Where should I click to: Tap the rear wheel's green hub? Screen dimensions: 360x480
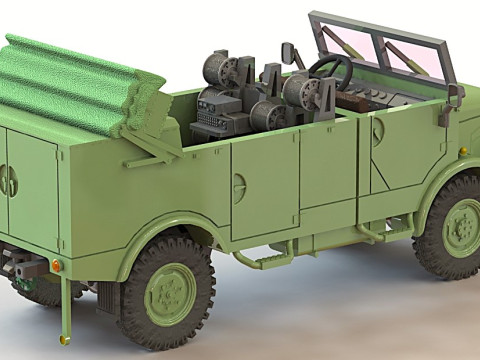[x=170, y=293]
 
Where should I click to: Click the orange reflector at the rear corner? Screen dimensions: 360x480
[x=57, y=265]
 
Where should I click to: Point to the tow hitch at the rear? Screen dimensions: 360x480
[x=20, y=268]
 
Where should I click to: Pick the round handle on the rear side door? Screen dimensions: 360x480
[x=239, y=187]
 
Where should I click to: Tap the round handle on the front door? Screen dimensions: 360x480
[x=378, y=133]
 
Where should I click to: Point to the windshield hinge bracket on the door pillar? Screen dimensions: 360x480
[x=456, y=95]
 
